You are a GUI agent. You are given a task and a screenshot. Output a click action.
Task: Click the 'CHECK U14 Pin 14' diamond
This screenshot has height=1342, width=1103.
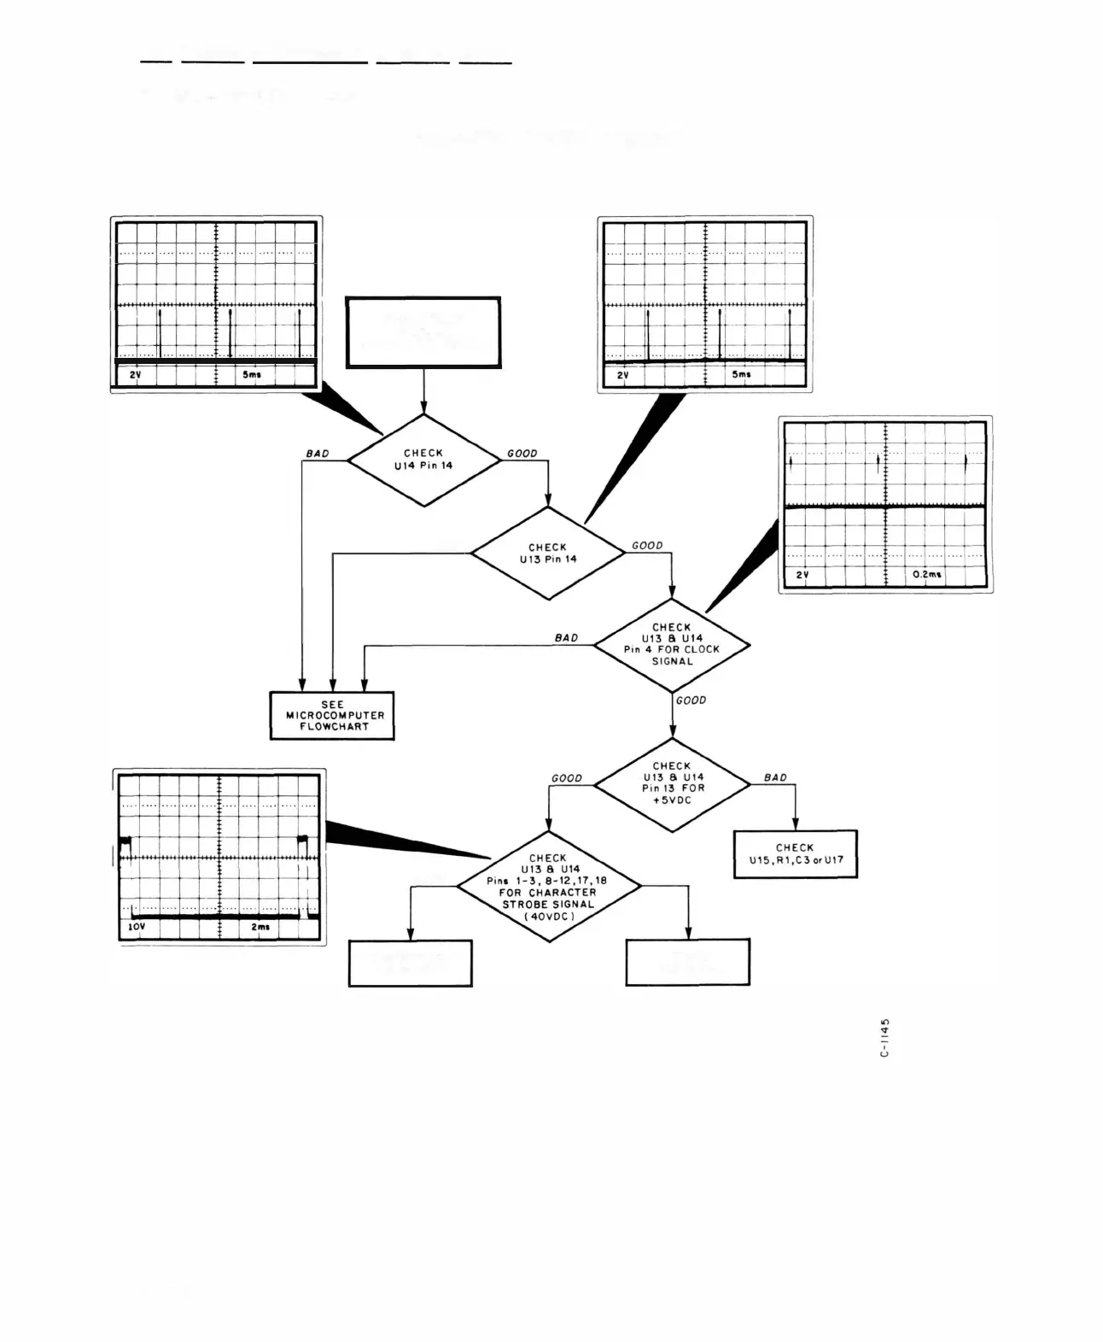(x=423, y=460)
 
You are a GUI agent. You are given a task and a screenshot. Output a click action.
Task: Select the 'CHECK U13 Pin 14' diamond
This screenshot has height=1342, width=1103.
(x=547, y=553)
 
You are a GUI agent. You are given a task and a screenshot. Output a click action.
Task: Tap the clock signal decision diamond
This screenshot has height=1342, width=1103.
(x=672, y=644)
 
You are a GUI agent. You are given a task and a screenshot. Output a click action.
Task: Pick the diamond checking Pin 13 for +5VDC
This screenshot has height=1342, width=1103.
(x=672, y=783)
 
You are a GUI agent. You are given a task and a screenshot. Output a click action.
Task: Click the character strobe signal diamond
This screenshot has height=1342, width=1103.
(x=548, y=887)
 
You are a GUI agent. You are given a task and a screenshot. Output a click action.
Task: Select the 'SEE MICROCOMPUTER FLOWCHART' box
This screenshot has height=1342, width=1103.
(x=332, y=716)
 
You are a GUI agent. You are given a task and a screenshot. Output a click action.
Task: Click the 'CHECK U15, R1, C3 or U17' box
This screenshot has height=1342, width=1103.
(x=796, y=854)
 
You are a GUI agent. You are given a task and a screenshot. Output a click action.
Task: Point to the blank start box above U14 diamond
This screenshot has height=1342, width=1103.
(x=423, y=332)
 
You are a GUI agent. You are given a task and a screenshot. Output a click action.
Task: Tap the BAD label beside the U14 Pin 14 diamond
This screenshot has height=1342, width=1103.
(x=317, y=454)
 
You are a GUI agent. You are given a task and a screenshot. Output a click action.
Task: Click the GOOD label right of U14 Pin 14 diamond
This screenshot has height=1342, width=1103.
(x=522, y=454)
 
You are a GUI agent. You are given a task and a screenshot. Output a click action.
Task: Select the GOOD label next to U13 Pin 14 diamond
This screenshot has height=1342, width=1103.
(x=647, y=546)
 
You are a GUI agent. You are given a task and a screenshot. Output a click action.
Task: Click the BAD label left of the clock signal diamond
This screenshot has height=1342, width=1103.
(x=566, y=638)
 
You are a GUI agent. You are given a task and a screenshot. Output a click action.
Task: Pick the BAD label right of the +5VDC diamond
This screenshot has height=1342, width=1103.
(x=775, y=777)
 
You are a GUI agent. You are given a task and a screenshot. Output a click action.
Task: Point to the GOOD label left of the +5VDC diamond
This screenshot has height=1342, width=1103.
(x=567, y=778)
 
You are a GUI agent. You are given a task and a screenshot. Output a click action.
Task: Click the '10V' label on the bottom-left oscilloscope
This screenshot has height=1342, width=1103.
(x=137, y=927)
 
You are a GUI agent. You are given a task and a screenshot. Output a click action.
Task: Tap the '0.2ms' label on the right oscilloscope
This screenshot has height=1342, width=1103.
(x=926, y=575)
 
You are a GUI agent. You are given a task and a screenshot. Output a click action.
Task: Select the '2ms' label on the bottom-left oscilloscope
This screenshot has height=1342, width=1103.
(x=260, y=927)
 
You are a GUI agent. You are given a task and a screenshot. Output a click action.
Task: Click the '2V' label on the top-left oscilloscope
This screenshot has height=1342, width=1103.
(x=135, y=375)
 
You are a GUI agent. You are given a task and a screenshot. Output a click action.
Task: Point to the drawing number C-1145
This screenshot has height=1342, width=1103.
(x=885, y=1037)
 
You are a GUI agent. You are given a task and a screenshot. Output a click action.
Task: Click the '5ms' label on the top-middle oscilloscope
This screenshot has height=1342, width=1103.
(x=741, y=375)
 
